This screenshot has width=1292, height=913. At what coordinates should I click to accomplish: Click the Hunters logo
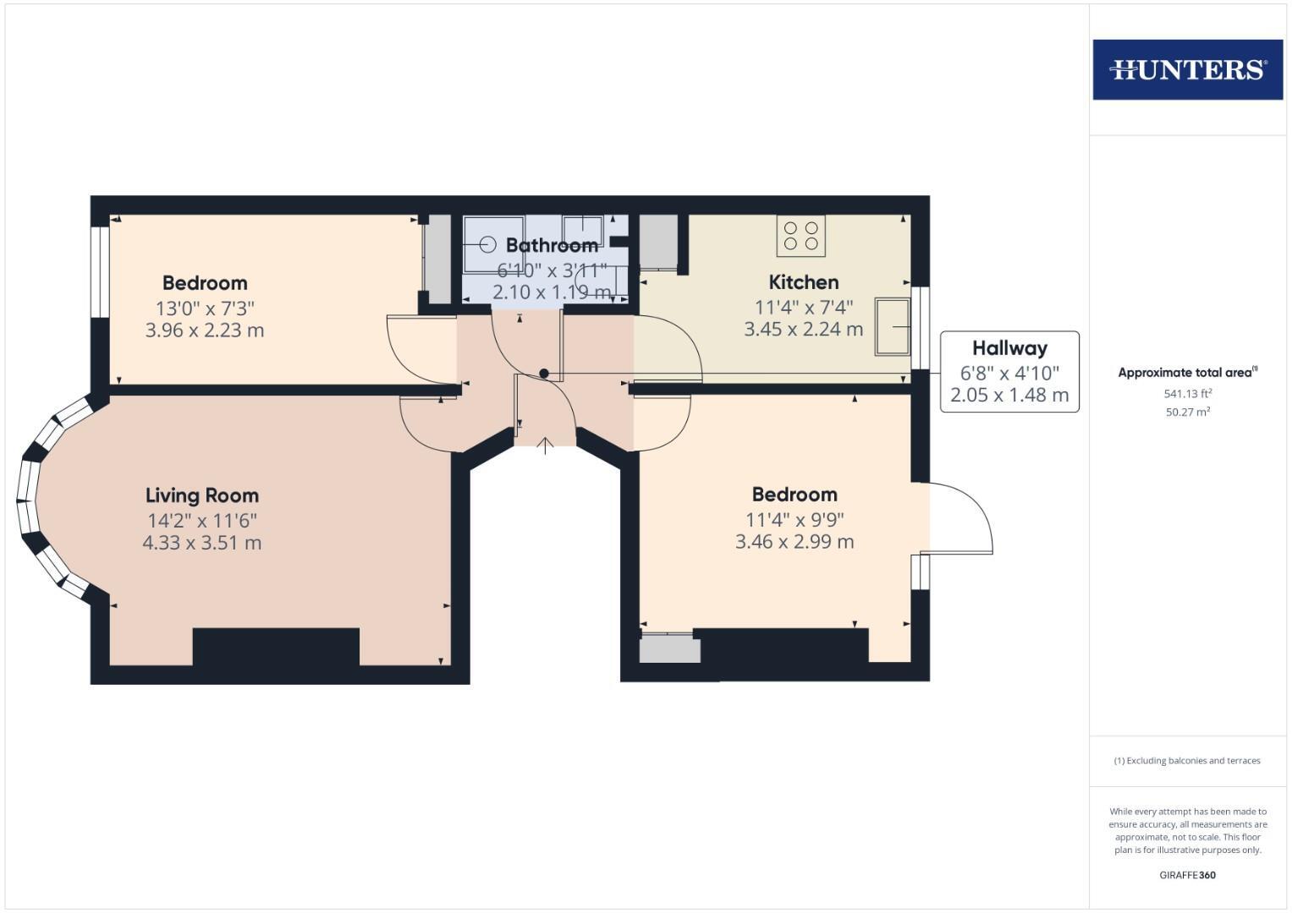coord(1187,69)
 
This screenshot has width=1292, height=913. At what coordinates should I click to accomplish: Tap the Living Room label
coord(202,495)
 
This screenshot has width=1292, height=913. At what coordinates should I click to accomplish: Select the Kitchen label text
coord(803,282)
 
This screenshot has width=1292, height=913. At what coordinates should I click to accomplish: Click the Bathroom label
coord(552,245)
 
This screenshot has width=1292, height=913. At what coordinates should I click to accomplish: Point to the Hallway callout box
coord(1009,371)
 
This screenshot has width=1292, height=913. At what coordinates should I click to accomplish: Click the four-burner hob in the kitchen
coord(800,236)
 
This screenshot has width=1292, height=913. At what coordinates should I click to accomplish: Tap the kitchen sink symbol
coord(893,325)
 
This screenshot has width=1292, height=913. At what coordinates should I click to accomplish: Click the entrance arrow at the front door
coord(546,446)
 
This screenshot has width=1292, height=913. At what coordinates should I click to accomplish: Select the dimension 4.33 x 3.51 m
coord(202,543)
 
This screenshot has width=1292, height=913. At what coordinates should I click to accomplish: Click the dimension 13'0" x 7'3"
coord(205,309)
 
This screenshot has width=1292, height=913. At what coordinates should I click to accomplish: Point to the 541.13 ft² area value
coord(1187,394)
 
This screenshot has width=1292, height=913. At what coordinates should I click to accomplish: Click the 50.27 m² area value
coord(1187,413)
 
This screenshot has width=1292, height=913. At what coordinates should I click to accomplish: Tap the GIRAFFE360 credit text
coord(1187,875)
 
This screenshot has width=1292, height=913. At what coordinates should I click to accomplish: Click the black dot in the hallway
coord(544,374)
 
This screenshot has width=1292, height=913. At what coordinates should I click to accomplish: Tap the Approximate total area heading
coord(1187,373)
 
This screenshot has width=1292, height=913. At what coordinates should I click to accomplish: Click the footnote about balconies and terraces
coord(1187,761)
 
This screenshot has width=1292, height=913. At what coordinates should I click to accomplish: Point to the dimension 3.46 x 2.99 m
coord(794,542)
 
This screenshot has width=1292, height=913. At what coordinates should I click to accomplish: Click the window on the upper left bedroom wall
coord(100,271)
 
